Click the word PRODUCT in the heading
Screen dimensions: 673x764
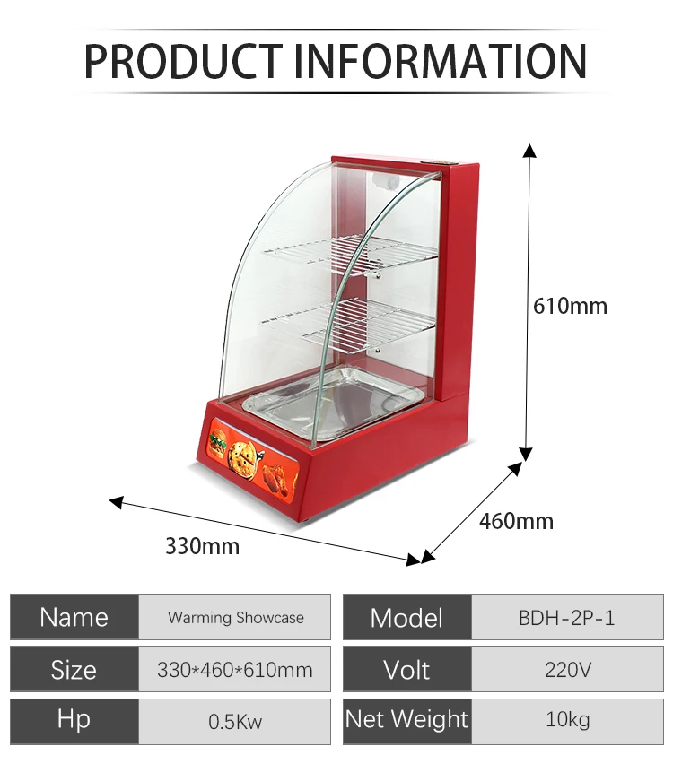pyautogui.click(x=183, y=60)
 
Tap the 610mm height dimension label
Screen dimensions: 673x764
pyautogui.click(x=570, y=306)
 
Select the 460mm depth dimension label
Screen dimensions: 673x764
pyautogui.click(x=516, y=520)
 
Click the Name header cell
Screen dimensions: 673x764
pyautogui.click(x=74, y=617)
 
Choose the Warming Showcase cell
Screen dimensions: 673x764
pyautogui.click(x=235, y=617)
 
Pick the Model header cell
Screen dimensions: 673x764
pyautogui.click(x=406, y=617)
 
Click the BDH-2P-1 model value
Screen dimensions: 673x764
pyautogui.click(x=567, y=617)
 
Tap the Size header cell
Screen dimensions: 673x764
pyautogui.click(x=74, y=669)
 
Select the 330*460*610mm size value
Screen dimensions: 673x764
pyautogui.click(x=235, y=669)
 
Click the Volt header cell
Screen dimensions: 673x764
pyautogui.click(x=406, y=669)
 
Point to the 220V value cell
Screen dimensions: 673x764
pyautogui.click(x=567, y=669)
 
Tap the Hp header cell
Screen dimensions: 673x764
pyautogui.click(x=74, y=719)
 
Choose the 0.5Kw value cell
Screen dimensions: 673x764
pyautogui.click(x=235, y=720)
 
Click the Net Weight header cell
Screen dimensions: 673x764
pyautogui.click(x=406, y=719)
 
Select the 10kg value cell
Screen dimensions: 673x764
pyautogui.click(x=567, y=719)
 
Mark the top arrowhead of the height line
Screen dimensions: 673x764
pyautogui.click(x=530, y=149)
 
